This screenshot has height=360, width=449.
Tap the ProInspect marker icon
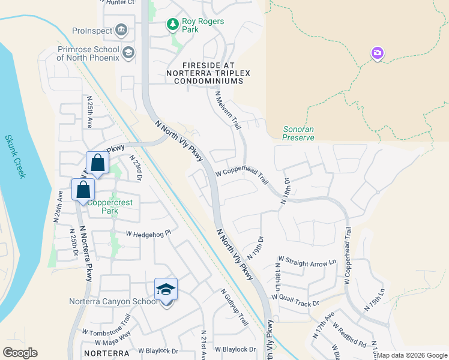(121, 29)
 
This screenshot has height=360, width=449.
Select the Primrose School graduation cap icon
(127, 53)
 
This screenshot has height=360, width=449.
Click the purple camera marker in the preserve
(377, 53)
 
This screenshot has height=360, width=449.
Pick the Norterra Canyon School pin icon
(166, 290)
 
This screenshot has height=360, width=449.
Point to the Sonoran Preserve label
(298, 133)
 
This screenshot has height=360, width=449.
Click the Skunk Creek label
(16, 156)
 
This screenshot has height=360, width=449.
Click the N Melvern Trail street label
(228, 110)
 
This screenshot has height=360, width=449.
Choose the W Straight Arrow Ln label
(307, 263)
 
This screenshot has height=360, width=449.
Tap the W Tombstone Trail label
(106, 326)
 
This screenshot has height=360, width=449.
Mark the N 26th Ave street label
(59, 206)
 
